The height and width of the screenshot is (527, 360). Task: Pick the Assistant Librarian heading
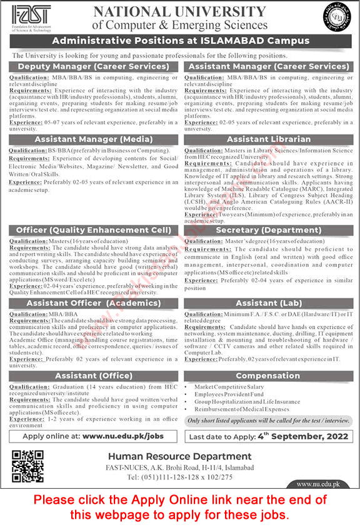coord(269,139)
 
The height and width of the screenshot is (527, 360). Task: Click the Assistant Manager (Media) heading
coord(93,139)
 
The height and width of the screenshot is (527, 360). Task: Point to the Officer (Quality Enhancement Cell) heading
coord(93,230)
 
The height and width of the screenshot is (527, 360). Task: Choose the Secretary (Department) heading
coord(269,230)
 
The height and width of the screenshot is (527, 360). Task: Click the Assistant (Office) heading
coord(93,376)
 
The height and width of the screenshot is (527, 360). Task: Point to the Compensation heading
coord(269,376)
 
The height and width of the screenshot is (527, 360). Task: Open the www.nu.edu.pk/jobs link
coord(124,436)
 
